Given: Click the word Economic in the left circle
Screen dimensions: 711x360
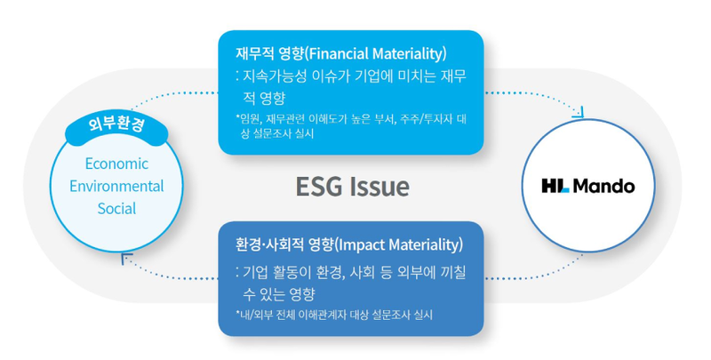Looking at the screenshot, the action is (116, 164).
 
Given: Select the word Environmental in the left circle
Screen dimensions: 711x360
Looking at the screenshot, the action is (116, 186).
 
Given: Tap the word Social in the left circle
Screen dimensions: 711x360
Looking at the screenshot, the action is (116, 209).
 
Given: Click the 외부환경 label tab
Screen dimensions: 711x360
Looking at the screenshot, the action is (117, 125).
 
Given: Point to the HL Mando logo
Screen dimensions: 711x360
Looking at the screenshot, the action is (588, 186).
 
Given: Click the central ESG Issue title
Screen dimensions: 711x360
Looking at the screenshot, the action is (352, 187).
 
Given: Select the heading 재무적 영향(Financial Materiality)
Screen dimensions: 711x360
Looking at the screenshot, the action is (341, 53).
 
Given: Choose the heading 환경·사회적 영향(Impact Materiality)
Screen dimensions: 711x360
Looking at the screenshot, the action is (349, 244).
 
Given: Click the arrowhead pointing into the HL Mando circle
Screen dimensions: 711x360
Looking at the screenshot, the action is (579, 114).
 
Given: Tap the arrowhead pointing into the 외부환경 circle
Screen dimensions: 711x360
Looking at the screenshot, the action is (127, 260).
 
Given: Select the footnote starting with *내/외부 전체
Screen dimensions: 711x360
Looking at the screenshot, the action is (334, 315).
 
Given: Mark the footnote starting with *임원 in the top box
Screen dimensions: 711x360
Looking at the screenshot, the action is (350, 126).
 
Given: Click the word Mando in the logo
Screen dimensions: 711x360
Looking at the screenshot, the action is (604, 186).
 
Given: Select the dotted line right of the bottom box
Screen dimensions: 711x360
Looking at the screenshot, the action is (535, 274).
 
